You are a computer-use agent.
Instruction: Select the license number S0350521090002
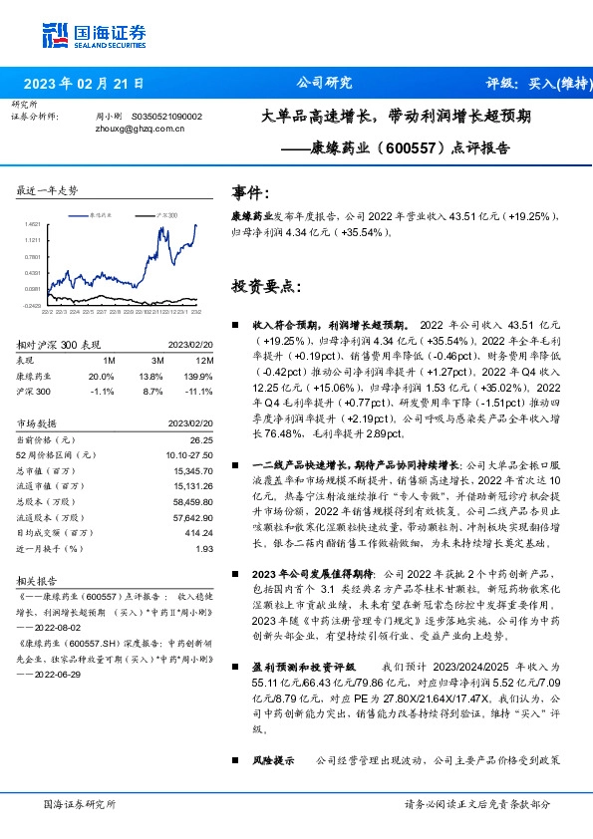166,117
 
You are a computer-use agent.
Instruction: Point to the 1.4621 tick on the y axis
33,224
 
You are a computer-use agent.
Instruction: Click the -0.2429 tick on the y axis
33,306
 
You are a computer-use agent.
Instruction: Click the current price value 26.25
203,439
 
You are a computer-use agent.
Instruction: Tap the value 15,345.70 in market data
195,470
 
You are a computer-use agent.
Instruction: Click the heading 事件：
250,192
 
